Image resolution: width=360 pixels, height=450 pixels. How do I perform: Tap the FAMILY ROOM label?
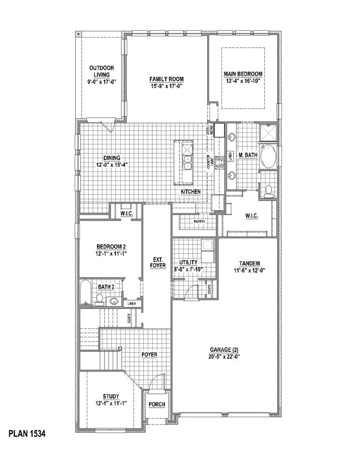coord(167,79)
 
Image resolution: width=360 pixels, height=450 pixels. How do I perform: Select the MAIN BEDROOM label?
coord(243,74)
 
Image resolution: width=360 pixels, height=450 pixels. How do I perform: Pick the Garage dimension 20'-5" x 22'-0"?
coord(223,356)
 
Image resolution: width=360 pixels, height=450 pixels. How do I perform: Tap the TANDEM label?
coord(250,263)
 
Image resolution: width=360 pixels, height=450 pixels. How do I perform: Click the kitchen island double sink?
coord(187,162)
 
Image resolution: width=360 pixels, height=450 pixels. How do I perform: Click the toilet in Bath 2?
coord(100,299)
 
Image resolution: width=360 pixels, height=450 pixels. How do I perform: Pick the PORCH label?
coord(157,404)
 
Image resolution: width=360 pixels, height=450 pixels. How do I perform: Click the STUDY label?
coord(110,396)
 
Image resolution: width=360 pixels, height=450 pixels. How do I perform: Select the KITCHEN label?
coord(190,192)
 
